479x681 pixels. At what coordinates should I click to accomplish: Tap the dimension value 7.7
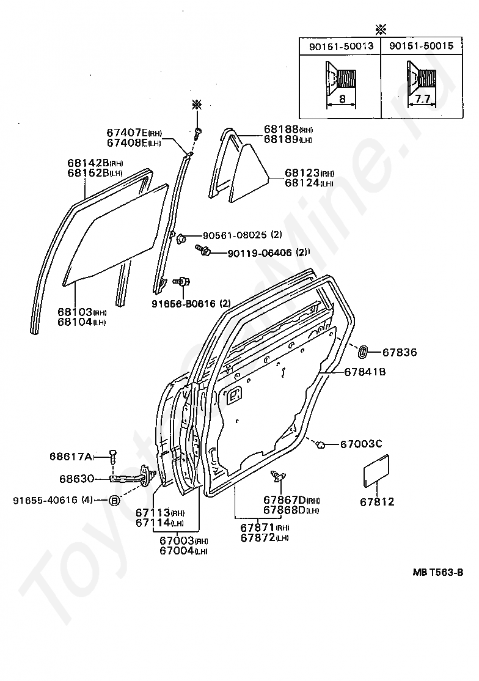[422, 98]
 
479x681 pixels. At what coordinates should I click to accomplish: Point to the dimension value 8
[342, 98]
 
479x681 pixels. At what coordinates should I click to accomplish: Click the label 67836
[400, 352]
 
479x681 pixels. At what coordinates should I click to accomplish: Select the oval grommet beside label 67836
[362, 352]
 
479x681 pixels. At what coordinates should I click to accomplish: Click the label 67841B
[365, 371]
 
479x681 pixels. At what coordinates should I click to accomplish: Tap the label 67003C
[361, 443]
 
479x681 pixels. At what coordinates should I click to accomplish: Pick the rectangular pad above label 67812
[377, 471]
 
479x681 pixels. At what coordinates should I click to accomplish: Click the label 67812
[377, 502]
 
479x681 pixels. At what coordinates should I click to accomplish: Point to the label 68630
[76, 478]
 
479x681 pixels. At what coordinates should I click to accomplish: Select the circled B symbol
[114, 500]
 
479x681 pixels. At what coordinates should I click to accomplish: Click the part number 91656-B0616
[182, 303]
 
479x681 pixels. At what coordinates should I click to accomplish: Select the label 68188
[281, 130]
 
